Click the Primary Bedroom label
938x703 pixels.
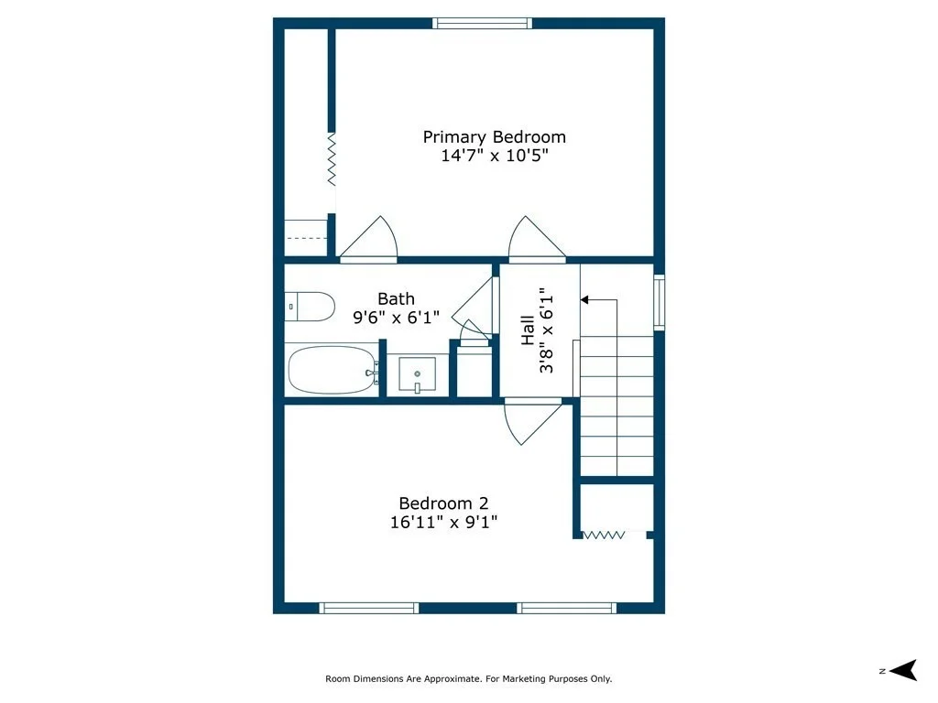coord(494,137)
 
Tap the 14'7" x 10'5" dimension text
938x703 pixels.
coord(494,156)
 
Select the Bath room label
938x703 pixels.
coord(396,298)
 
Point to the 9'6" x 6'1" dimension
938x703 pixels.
coord(396,317)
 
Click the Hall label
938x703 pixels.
coord(527,330)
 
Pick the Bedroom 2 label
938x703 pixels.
coord(443,503)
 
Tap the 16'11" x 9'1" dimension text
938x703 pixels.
coord(443,522)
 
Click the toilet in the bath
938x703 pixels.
coord(310,307)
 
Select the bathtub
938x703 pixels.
coord(332,370)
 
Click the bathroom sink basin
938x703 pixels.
coord(417,374)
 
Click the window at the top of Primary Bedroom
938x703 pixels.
coord(482,23)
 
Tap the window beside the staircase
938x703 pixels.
coord(659,302)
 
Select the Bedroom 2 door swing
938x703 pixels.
coord(532,423)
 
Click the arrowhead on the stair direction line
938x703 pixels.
coord(584,299)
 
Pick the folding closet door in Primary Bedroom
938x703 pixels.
coord(332,159)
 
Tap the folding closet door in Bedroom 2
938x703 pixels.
coord(604,535)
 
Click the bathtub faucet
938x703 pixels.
coord(372,373)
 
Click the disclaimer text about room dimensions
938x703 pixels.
coord(468,678)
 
